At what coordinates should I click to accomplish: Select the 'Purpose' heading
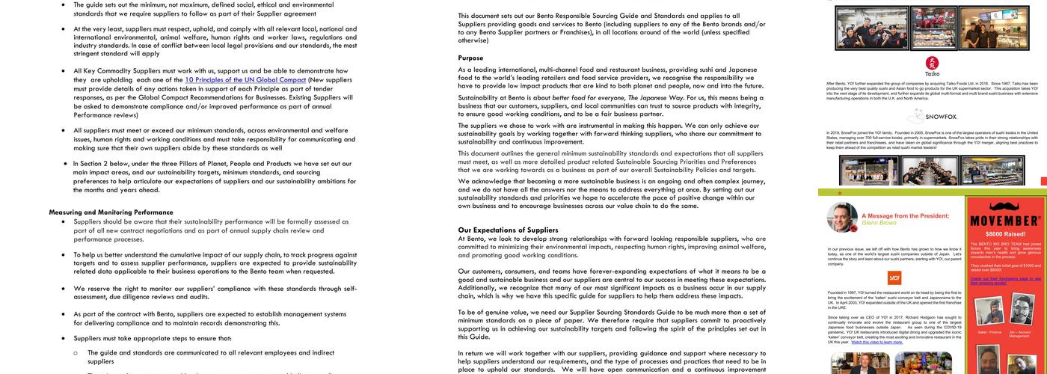coord(471,58)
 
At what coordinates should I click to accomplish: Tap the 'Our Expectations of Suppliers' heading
coord(509,230)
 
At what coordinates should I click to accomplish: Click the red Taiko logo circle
coord(932,63)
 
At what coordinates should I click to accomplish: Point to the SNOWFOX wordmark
coord(941,117)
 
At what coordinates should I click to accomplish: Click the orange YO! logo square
coord(894,278)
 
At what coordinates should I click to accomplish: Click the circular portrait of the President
coord(842,218)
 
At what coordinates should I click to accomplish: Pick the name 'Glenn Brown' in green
coord(879,223)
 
